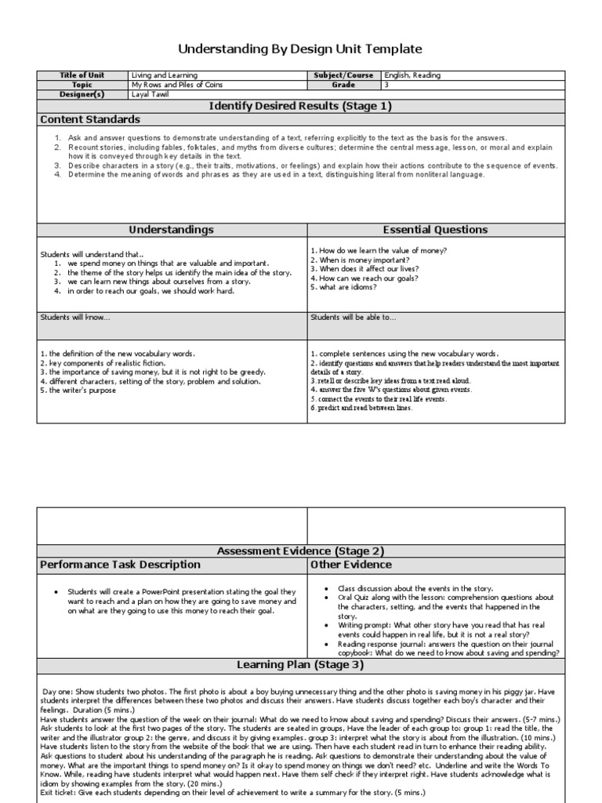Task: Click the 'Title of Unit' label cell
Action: point(82,75)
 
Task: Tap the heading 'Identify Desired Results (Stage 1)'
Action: point(300,106)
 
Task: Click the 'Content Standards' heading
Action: point(90,119)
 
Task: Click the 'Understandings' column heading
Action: point(172,230)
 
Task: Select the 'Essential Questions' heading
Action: point(435,230)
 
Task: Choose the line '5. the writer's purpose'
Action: point(78,390)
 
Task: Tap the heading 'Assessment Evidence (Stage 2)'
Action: point(300,550)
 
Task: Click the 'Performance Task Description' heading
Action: point(120,565)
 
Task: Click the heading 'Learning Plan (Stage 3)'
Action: point(300,665)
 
